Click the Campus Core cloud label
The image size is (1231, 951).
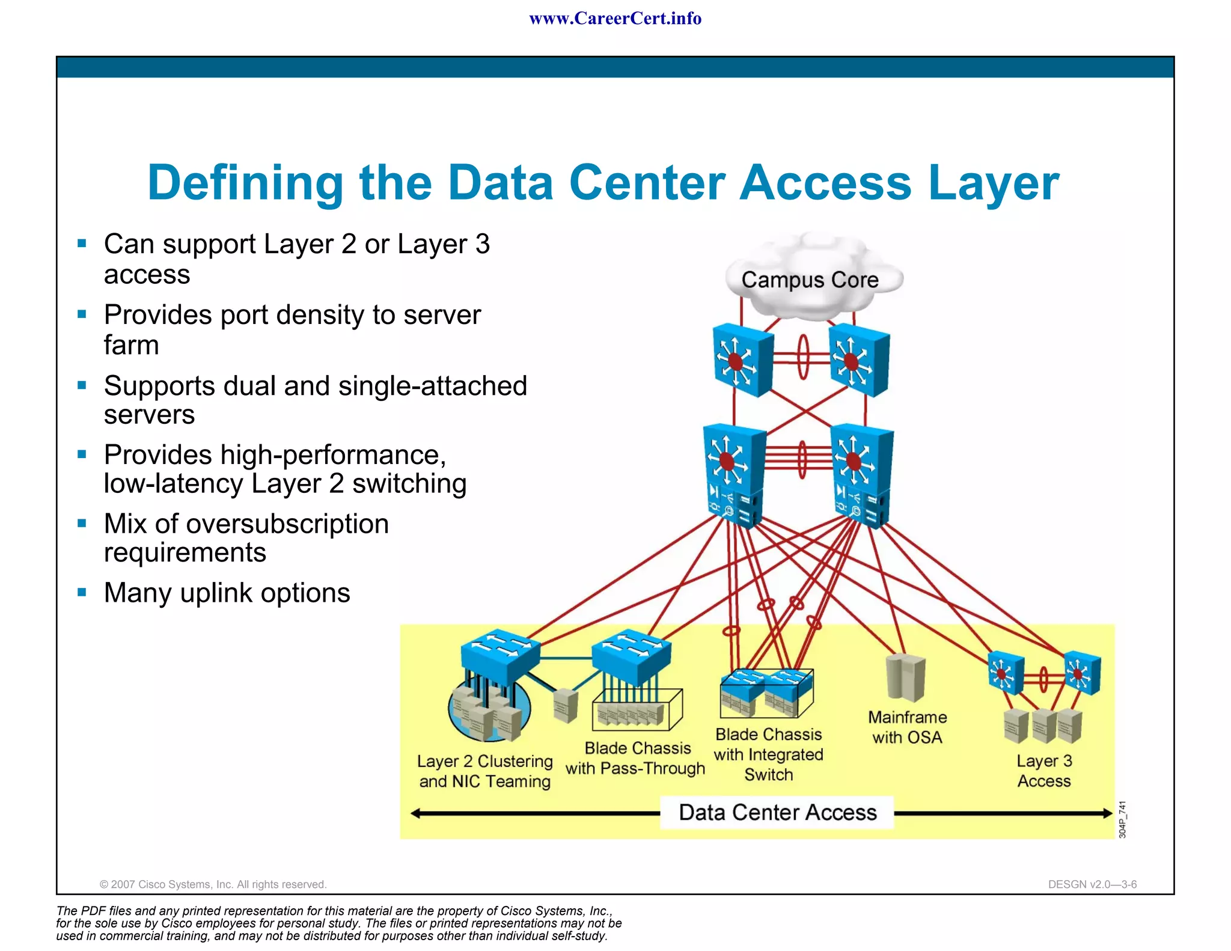(810, 280)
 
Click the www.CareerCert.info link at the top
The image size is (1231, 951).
(615, 19)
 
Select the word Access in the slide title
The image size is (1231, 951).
(825, 183)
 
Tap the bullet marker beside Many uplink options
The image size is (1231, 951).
(82, 593)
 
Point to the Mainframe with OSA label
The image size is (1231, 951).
(907, 727)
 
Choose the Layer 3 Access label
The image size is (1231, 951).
(1044, 771)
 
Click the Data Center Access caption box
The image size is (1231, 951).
(777, 813)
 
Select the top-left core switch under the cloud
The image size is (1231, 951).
(742, 360)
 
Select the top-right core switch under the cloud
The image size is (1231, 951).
(859, 360)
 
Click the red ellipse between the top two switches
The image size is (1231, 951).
(803, 357)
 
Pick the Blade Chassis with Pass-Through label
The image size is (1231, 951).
(636, 758)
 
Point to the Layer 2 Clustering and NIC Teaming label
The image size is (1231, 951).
(484, 771)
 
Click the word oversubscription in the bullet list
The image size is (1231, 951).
(287, 524)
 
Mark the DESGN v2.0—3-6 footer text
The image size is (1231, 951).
(1092, 884)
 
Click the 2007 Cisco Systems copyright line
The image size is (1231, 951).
(213, 884)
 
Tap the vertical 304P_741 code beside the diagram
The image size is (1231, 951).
(1122, 819)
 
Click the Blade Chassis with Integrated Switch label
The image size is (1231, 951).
(768, 754)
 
